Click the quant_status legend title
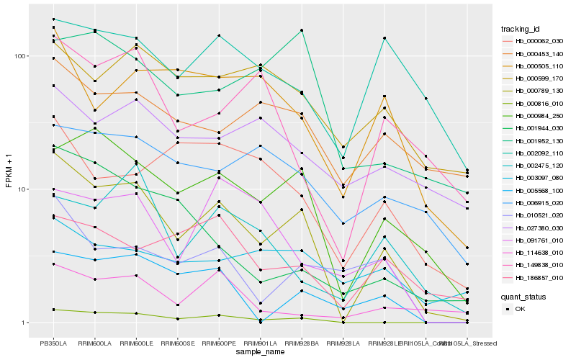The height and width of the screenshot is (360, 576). click(x=523, y=296)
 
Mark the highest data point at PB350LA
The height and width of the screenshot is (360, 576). click(x=53, y=19)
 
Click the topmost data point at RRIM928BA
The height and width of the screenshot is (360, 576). click(x=302, y=30)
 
